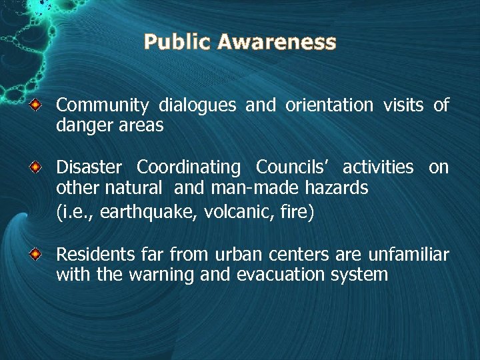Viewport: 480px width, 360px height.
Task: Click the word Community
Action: (x=102, y=105)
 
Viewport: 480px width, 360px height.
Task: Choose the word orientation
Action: (x=329, y=105)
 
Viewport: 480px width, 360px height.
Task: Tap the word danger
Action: (x=81, y=125)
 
